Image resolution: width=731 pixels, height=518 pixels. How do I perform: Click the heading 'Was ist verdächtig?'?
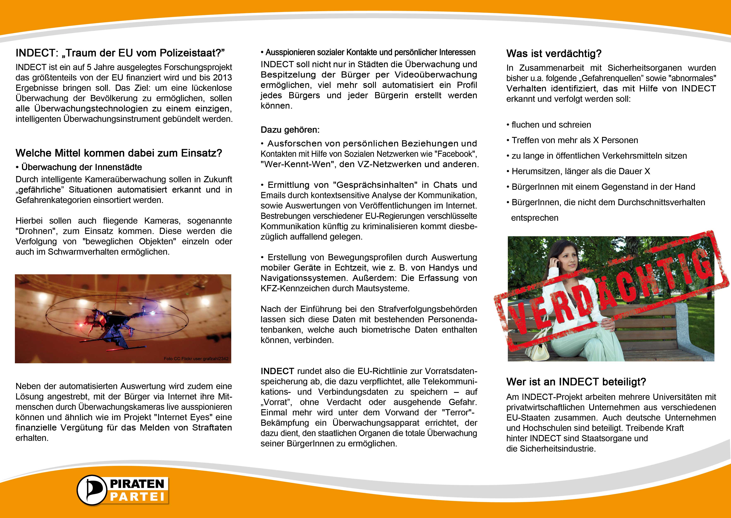(x=554, y=54)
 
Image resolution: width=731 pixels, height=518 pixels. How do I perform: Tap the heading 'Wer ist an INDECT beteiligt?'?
(x=576, y=382)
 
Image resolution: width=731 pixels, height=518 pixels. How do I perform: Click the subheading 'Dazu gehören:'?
(x=290, y=130)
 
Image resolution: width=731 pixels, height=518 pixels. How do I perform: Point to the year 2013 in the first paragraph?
(x=223, y=78)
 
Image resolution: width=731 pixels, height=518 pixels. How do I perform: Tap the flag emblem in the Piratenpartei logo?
(x=92, y=490)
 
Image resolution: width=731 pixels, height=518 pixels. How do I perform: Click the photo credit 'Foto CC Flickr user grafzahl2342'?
(x=196, y=359)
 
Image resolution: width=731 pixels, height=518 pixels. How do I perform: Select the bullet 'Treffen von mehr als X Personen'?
(x=574, y=140)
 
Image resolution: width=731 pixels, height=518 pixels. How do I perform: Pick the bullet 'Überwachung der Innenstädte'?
(x=81, y=167)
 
